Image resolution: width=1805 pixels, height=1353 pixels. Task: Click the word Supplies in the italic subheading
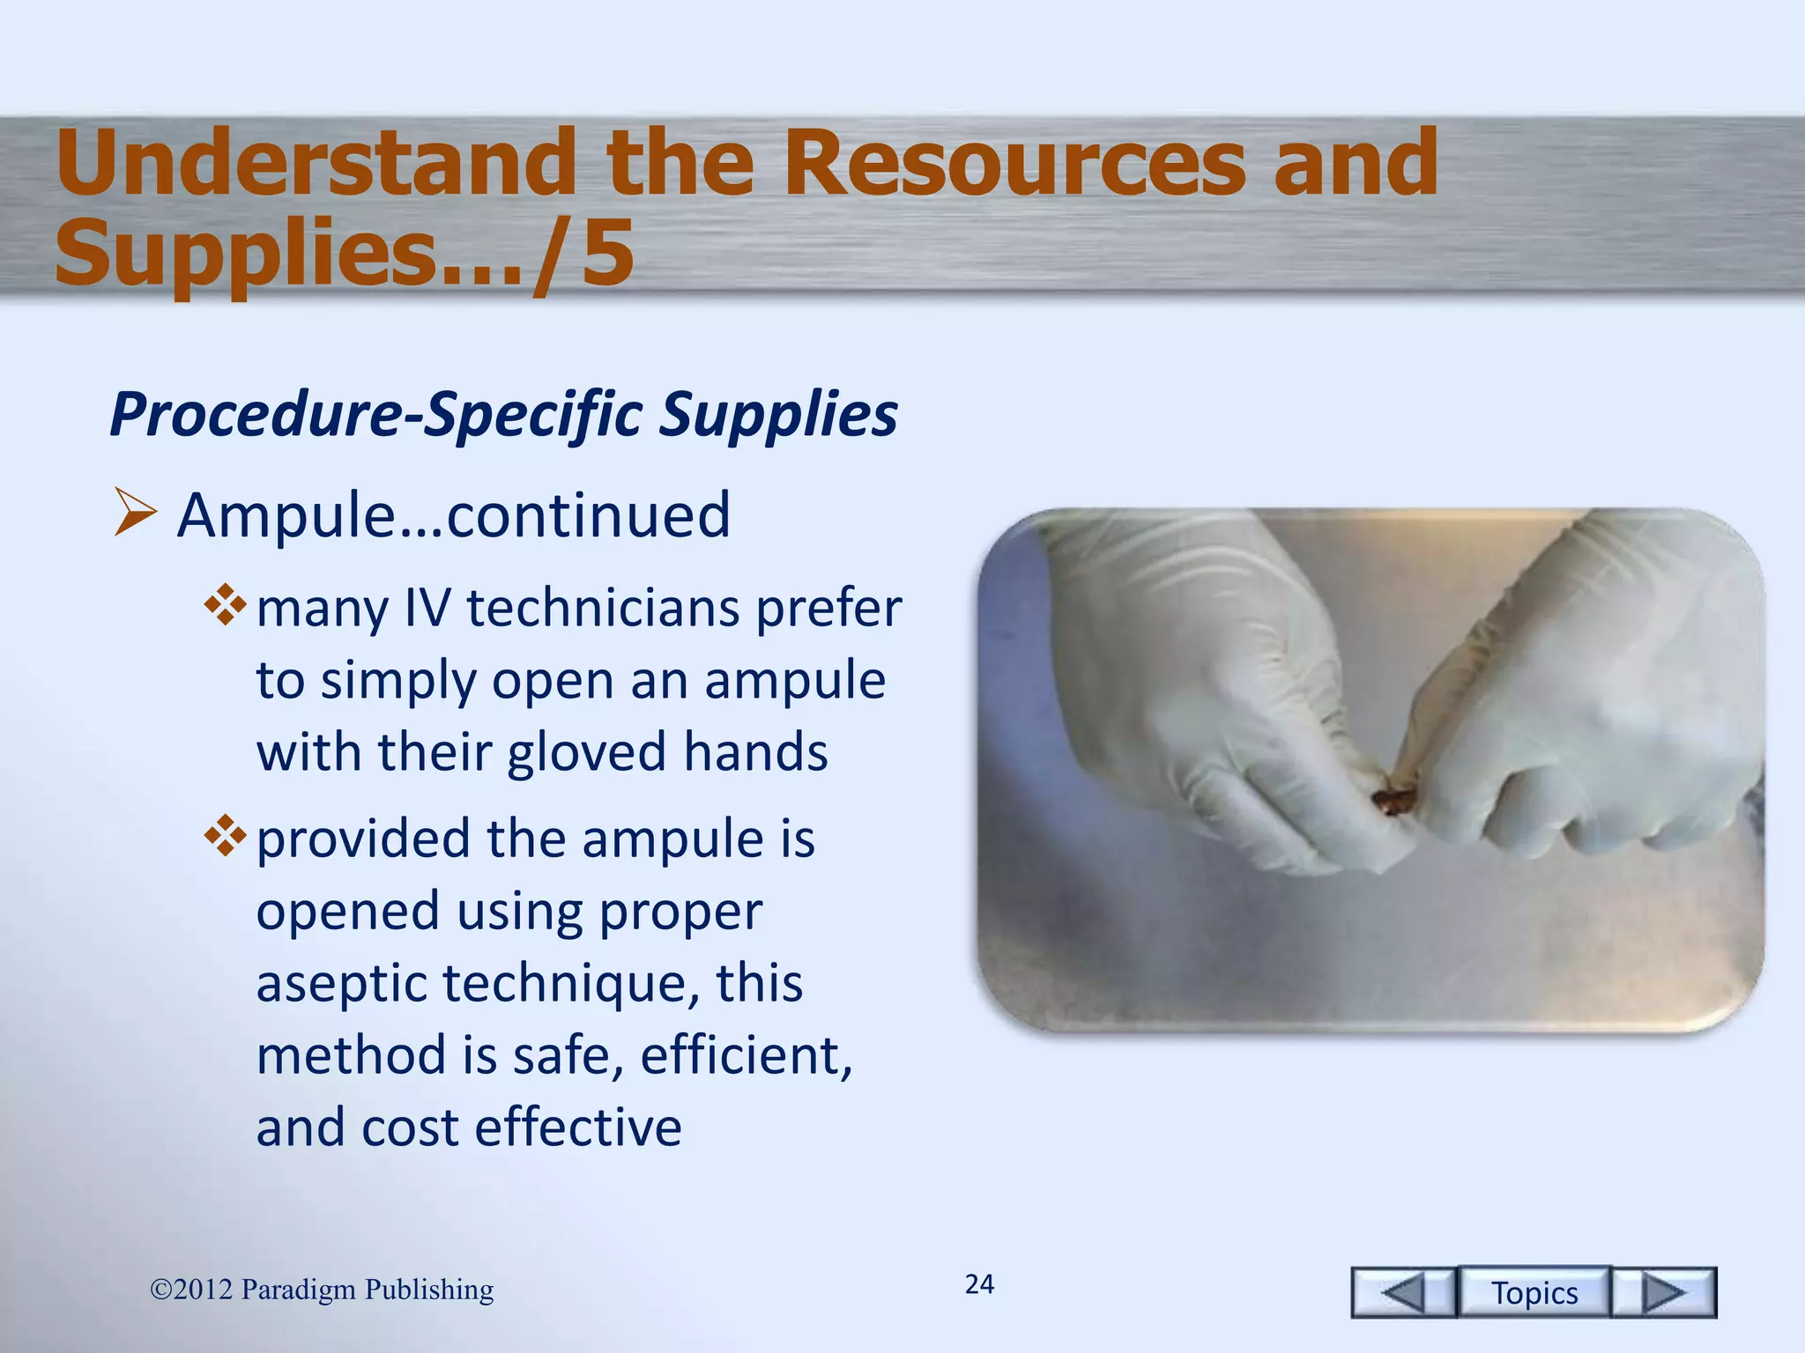click(x=779, y=414)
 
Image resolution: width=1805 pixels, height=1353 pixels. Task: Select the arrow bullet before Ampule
click(x=135, y=515)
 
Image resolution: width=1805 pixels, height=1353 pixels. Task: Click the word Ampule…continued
click(x=453, y=515)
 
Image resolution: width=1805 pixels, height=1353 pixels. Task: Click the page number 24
click(x=979, y=1284)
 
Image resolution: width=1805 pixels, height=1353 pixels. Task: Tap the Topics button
click(x=1534, y=1293)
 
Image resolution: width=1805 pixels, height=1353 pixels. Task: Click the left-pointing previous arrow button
click(x=1403, y=1293)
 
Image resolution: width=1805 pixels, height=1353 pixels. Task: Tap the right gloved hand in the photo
click(x=1586, y=705)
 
